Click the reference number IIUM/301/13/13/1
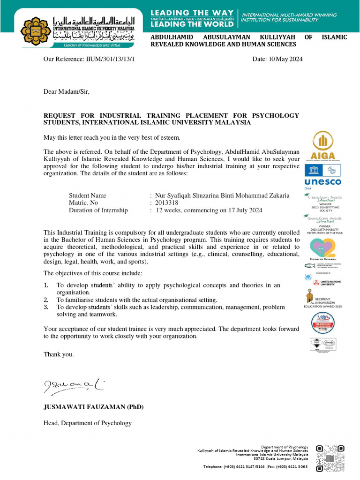pos(108,59)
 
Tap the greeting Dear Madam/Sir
pos(66,91)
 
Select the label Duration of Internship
pos(98,210)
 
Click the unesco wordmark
pos(322,181)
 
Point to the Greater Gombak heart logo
pos(322,249)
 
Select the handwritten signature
pos(74,386)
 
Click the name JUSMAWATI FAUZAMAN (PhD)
pos(93,407)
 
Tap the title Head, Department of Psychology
pos(88,423)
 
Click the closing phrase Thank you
pos(59,354)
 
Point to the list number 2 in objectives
pos(46,300)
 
